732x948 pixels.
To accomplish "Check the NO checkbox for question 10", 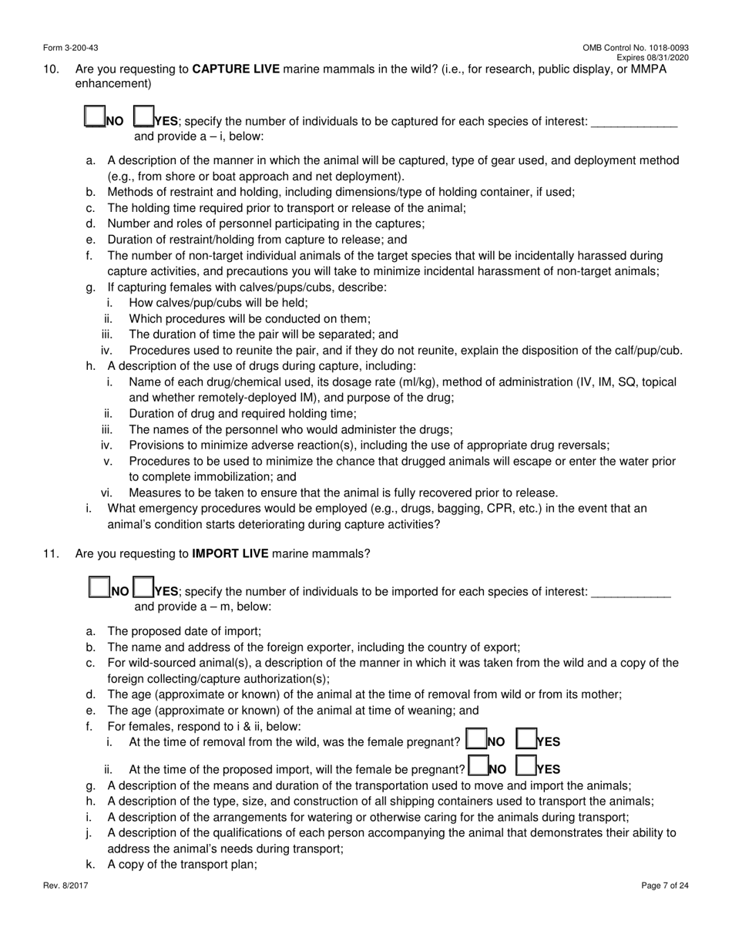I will coord(93,116).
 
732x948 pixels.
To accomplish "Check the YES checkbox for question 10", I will coord(143,116).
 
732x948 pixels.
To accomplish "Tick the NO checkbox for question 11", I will coord(99,587).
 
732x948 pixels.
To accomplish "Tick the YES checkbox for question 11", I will coord(143,587).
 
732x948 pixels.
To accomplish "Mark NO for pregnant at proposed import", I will coord(478,765).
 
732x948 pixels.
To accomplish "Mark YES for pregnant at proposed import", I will coord(525,765).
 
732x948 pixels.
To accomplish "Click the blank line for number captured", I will coord(633,123).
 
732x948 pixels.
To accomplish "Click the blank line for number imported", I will coord(630,593).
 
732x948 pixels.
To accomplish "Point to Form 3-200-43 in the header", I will coord(69,48).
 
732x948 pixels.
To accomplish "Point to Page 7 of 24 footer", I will coord(665,886).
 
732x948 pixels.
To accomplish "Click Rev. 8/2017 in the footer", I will coord(65,886).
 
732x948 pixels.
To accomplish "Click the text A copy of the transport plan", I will coord(182,865).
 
